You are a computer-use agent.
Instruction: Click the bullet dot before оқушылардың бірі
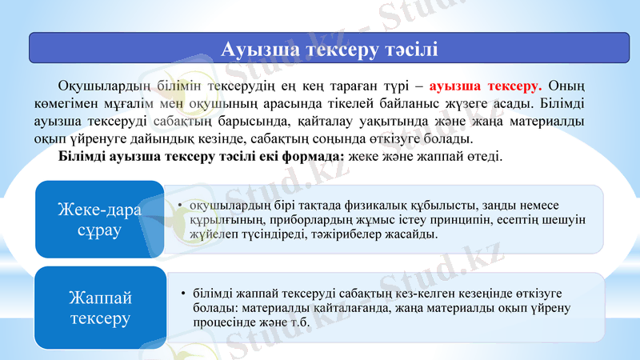pyautogui.click(x=181, y=205)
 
